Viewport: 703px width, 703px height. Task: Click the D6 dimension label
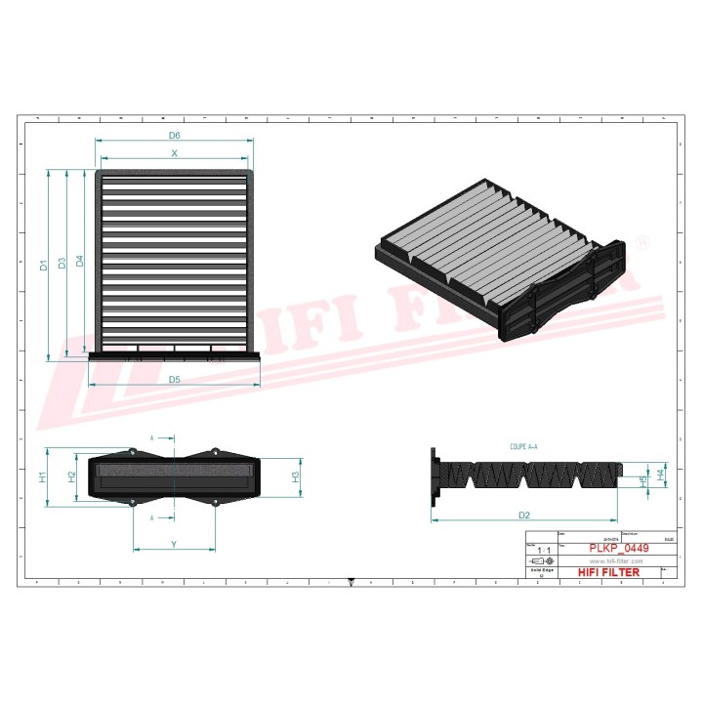click(175, 134)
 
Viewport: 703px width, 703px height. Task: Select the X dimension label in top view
click(175, 153)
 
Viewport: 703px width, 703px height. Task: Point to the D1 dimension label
click(42, 264)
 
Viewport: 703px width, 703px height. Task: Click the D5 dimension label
click(175, 379)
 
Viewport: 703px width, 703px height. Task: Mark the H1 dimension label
click(42, 477)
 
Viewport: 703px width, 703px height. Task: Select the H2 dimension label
click(71, 476)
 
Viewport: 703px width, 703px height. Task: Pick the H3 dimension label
click(296, 476)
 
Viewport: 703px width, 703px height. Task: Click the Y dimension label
click(174, 543)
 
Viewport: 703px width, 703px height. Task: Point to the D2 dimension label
click(524, 514)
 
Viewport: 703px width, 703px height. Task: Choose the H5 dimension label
click(641, 481)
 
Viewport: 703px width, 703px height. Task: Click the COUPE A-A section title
click(523, 445)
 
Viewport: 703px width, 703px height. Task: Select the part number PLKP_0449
click(619, 550)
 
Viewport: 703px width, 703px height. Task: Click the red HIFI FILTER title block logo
click(609, 572)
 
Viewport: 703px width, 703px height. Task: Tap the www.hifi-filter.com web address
click(615, 561)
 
